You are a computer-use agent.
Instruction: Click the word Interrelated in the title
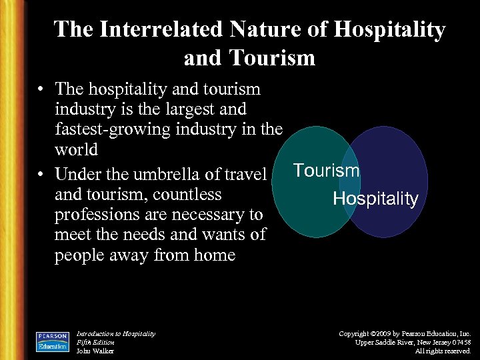click(160, 29)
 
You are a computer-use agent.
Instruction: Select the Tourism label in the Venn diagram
click(326, 171)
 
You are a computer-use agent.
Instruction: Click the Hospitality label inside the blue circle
click(375, 199)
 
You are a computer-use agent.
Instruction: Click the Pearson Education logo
click(53, 341)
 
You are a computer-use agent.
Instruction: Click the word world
click(76, 149)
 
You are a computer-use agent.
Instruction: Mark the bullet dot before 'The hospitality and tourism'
click(42, 89)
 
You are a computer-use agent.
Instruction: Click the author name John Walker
click(95, 351)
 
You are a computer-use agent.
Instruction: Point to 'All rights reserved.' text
click(443, 351)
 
